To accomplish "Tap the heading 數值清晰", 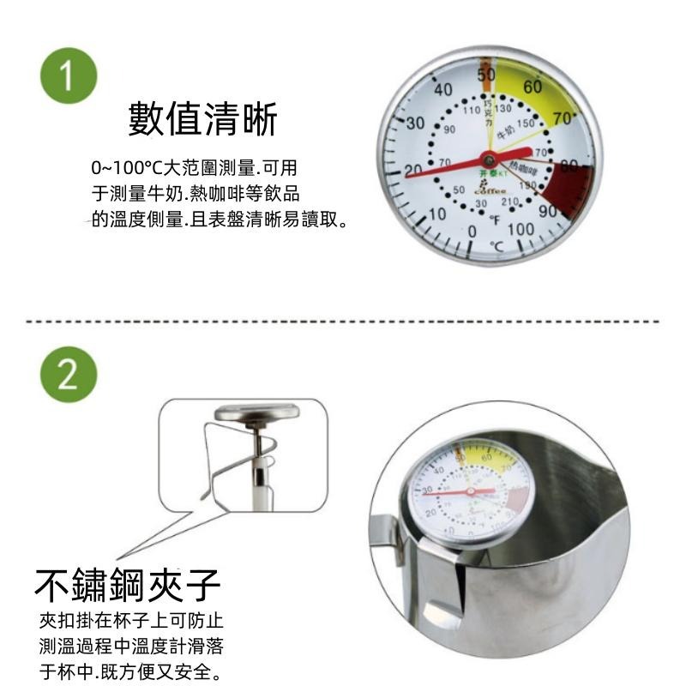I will (202, 118).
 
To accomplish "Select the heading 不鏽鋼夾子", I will (128, 586).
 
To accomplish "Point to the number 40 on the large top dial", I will (443, 90).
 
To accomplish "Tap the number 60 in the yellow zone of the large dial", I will (533, 87).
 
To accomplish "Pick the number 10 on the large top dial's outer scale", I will (436, 214).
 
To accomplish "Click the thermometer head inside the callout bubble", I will (258, 412).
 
